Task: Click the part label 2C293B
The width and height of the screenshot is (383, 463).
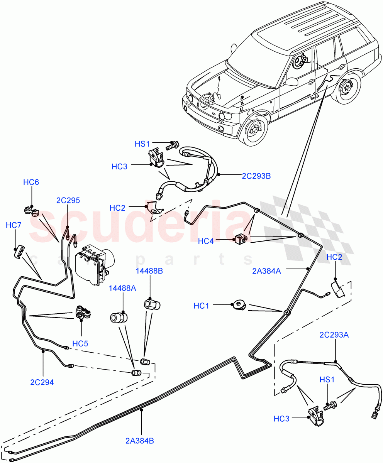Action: click(256, 176)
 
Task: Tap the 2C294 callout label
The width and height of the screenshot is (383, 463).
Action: click(42, 382)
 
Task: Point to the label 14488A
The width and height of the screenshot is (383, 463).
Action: click(122, 287)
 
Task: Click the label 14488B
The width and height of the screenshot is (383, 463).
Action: click(149, 271)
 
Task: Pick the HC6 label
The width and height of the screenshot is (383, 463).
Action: click(31, 182)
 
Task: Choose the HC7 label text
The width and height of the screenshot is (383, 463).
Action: click(14, 225)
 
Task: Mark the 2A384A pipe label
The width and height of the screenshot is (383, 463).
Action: click(266, 271)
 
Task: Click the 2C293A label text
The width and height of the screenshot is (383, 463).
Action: click(334, 335)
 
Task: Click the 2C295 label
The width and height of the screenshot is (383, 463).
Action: click(68, 200)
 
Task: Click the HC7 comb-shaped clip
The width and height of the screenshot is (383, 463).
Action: click(20, 252)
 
